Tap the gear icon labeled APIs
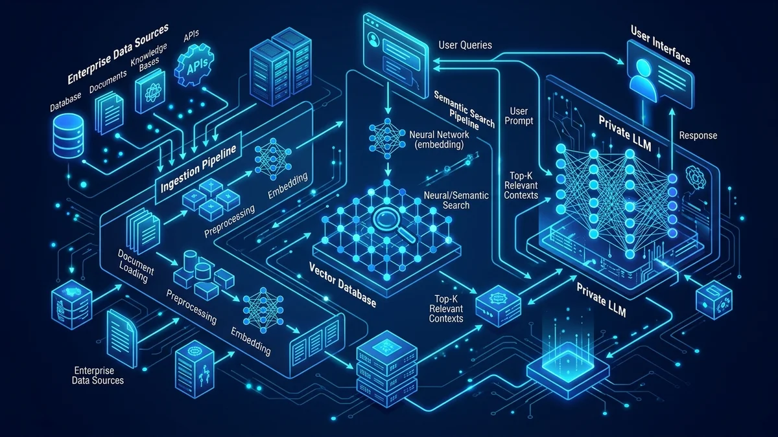click(x=194, y=66)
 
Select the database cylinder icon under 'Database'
click(x=69, y=136)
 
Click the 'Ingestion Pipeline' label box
click(x=198, y=168)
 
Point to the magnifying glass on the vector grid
click(x=394, y=225)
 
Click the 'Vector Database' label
click(x=342, y=285)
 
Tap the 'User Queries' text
click(x=465, y=45)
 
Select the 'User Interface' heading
click(x=660, y=45)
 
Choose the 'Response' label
click(x=698, y=135)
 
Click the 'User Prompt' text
click(x=519, y=116)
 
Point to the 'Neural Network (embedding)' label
click(x=439, y=139)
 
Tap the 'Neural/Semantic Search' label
click(x=456, y=200)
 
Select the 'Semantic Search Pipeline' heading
click(x=464, y=110)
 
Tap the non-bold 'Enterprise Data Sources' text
click(x=98, y=375)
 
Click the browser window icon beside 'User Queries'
click(x=395, y=55)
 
